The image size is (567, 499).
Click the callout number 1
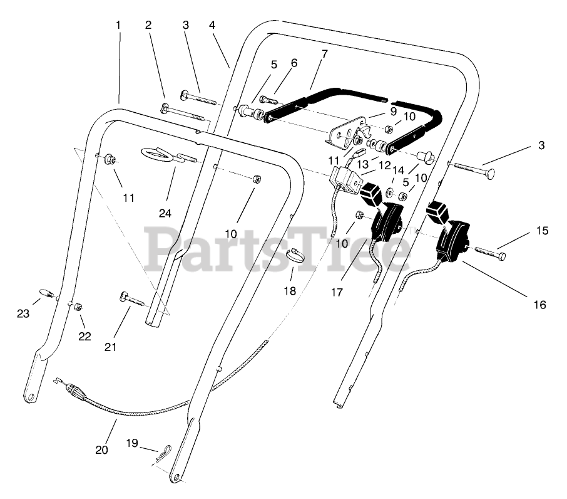coord(118,25)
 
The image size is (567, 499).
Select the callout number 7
coord(324,54)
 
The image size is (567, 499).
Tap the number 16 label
coord(539,305)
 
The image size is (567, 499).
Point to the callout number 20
coord(102,449)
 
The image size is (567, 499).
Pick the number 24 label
coord(165,213)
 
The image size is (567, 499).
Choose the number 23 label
coord(23,313)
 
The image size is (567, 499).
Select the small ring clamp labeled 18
coord(296,255)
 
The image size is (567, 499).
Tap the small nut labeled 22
coord(78,307)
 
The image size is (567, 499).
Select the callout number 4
coord(212,25)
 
